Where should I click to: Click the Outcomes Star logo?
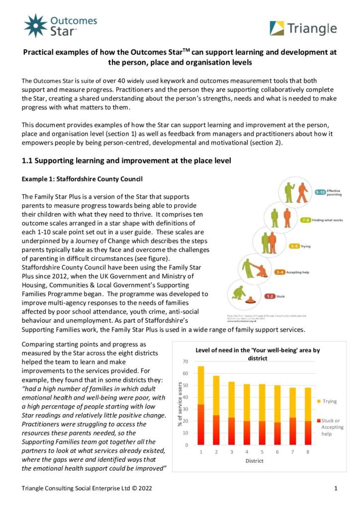60,26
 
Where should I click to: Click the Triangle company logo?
303,28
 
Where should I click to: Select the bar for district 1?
201,405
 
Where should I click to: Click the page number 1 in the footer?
336,488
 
